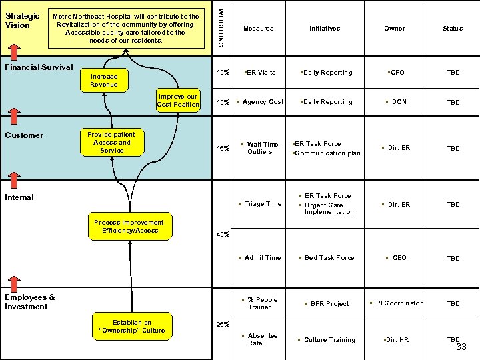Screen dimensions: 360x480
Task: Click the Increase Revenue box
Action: [103, 80]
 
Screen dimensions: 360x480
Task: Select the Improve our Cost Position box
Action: [178, 100]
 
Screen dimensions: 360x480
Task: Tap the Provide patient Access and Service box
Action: [111, 142]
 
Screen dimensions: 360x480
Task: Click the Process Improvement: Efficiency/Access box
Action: [130, 226]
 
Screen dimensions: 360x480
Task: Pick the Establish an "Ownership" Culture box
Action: [132, 326]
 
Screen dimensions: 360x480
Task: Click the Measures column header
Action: [258, 29]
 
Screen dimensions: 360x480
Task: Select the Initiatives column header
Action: [325, 29]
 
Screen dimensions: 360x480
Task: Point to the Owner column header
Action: [394, 29]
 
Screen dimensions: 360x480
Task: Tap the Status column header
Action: [453, 29]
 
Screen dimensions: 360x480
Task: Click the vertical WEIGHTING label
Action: [221, 25]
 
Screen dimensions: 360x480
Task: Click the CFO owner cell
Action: [397, 73]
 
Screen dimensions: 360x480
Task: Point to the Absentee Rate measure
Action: [263, 339]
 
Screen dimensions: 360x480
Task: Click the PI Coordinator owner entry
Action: [398, 303]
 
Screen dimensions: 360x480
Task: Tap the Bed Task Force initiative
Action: [327, 258]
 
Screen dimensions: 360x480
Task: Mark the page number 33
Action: [461, 348]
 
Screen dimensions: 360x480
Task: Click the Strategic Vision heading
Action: [22, 21]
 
